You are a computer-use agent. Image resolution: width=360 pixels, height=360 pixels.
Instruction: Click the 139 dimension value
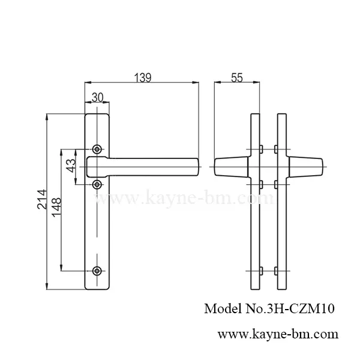click(x=142, y=77)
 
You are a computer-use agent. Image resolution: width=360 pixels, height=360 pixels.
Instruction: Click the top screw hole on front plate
click(x=98, y=148)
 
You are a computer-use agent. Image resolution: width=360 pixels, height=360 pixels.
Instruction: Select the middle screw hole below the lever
click(x=98, y=184)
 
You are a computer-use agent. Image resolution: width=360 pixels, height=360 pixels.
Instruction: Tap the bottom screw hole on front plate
click(x=98, y=272)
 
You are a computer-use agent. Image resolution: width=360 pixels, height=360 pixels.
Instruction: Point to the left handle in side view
click(x=230, y=166)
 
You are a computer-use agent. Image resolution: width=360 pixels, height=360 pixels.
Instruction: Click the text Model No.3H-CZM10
click(x=269, y=309)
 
